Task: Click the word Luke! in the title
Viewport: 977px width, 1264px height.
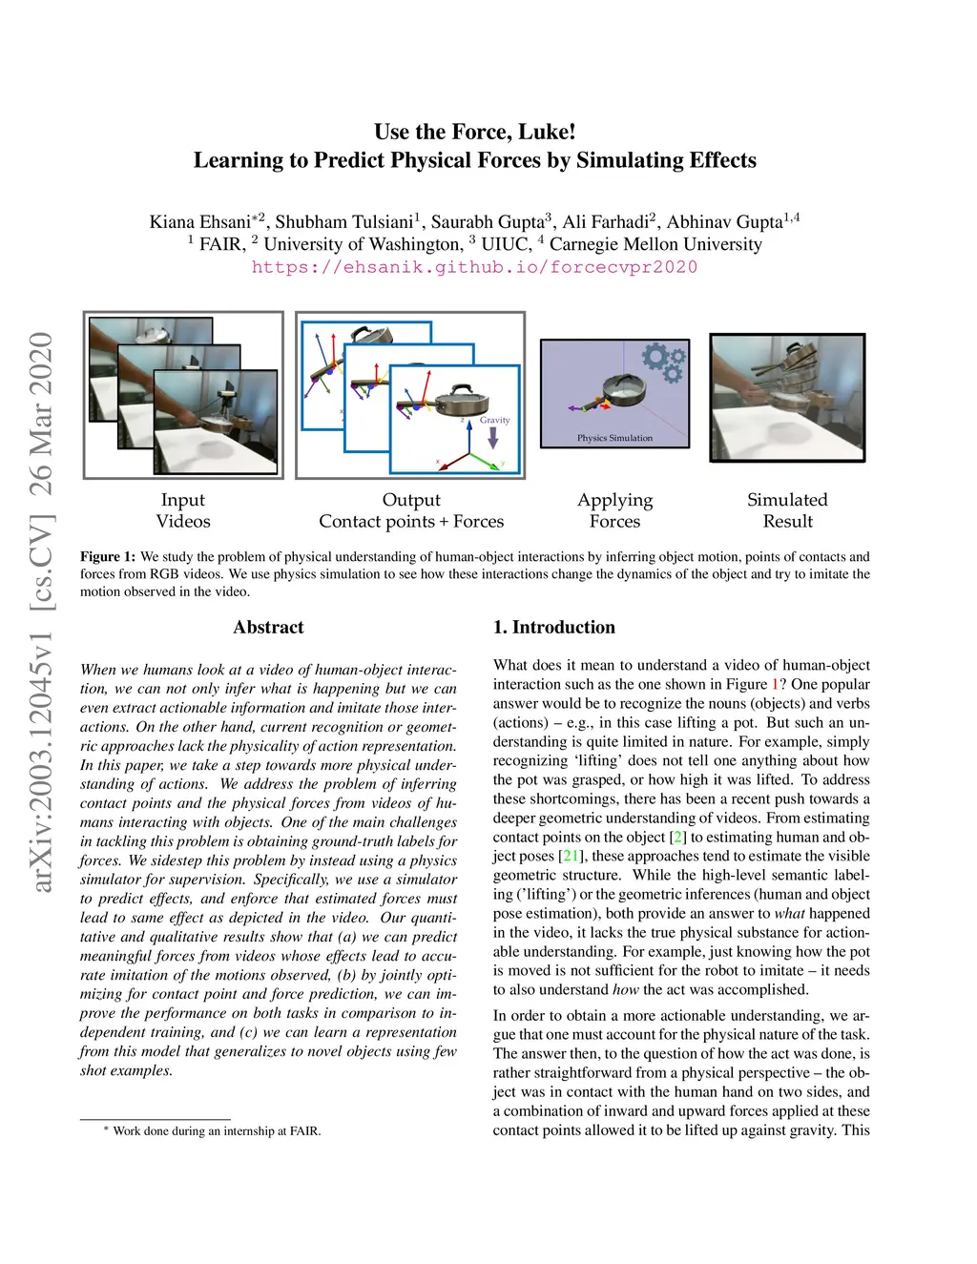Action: click(x=547, y=132)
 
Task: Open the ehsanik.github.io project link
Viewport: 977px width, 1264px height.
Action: click(x=474, y=267)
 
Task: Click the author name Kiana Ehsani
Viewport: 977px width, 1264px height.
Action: click(x=200, y=222)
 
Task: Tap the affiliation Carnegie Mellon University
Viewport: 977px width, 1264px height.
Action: click(x=655, y=244)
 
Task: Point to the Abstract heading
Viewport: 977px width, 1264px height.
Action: click(x=268, y=627)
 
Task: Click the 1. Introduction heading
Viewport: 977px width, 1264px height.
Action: click(x=553, y=627)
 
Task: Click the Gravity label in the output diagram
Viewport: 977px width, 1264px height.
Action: click(x=494, y=420)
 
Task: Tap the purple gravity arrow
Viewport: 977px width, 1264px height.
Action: click(x=493, y=437)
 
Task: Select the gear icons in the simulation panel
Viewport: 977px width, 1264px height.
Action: click(x=663, y=363)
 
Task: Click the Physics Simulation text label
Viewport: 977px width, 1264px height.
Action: click(x=614, y=438)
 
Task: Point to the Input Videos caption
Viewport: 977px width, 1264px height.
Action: click(x=183, y=510)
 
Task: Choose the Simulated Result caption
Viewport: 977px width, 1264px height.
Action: click(x=787, y=510)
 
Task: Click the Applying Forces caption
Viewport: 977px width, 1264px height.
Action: click(x=614, y=510)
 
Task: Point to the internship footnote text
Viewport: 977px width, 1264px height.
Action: click(x=217, y=1131)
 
